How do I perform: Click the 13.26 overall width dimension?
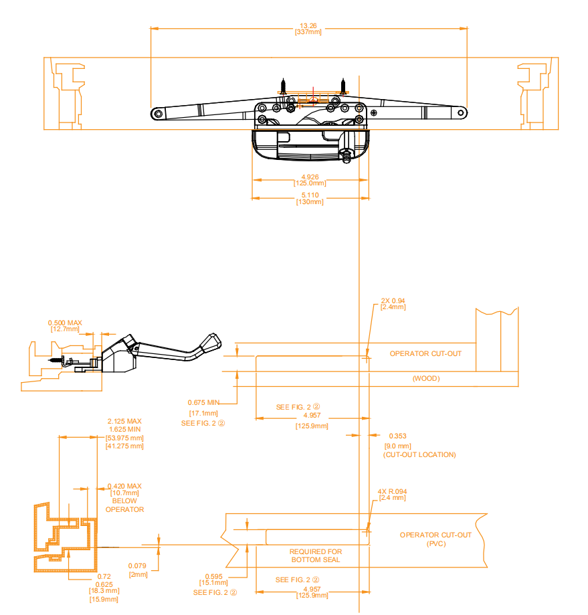click(x=308, y=26)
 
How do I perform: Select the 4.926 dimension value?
click(x=310, y=177)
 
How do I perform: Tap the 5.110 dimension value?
click(x=310, y=195)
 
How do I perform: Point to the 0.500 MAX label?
click(x=65, y=323)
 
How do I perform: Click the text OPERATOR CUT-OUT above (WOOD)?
click(x=425, y=354)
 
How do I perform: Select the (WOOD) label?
click(x=426, y=379)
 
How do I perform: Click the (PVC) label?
click(x=436, y=543)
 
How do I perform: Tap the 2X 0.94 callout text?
click(x=393, y=301)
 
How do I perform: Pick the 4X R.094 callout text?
click(x=392, y=491)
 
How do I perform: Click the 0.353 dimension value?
click(x=397, y=436)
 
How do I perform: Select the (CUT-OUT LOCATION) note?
click(x=419, y=454)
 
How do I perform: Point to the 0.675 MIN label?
click(x=203, y=402)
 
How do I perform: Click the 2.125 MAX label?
click(x=124, y=421)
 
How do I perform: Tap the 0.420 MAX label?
click(x=124, y=486)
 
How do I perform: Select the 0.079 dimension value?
click(x=137, y=566)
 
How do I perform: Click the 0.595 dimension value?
click(x=213, y=577)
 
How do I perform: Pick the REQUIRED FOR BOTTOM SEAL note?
click(x=316, y=555)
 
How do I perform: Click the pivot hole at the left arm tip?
click(x=159, y=114)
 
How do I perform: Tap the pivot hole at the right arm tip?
click(x=461, y=113)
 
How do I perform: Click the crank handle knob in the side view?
click(x=211, y=342)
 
